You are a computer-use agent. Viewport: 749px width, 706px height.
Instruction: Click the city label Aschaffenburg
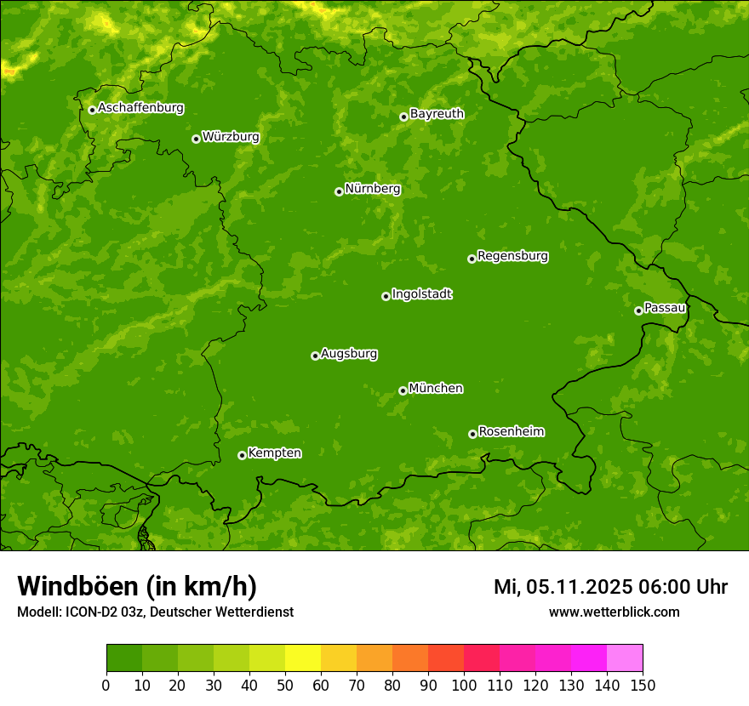point(140,108)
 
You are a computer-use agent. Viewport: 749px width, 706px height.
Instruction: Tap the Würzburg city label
point(231,137)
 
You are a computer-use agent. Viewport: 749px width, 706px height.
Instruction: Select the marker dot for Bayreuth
point(403,117)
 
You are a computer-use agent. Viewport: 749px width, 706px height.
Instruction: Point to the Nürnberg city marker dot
point(339,191)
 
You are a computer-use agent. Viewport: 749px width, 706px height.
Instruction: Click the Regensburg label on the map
point(512,256)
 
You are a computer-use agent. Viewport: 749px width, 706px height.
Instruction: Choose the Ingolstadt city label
point(421,294)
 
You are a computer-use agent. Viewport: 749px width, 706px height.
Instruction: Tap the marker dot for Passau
point(638,310)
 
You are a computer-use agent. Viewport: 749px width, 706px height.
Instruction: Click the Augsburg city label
point(349,354)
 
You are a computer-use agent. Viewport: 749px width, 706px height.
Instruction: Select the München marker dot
point(403,390)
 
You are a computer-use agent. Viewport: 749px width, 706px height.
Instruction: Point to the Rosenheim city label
point(511,432)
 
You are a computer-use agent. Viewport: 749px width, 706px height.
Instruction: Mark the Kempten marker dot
point(242,455)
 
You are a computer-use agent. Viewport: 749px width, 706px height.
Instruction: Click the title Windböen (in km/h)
point(137,587)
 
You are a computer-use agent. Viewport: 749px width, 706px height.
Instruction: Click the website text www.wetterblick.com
point(614,612)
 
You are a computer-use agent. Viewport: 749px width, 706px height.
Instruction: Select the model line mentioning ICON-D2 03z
point(155,612)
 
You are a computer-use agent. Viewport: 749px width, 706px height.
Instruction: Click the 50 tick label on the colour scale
point(284,685)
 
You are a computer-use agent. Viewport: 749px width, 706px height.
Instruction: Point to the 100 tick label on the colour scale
point(463,685)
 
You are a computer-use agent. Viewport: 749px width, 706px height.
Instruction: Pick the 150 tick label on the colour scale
point(642,685)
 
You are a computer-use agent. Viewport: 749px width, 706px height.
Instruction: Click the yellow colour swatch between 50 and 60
point(302,658)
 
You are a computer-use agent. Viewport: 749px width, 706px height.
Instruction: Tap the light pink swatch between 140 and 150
point(625,658)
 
